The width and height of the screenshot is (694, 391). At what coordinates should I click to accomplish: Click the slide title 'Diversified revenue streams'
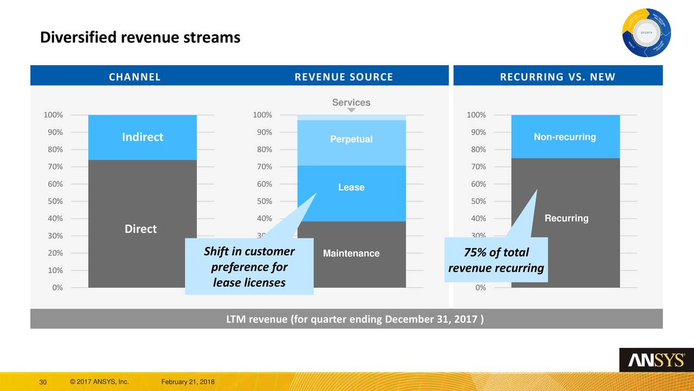click(x=140, y=37)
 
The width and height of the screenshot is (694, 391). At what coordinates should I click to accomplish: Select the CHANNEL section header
click(x=134, y=77)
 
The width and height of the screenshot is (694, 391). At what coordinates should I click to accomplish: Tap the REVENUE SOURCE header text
click(x=343, y=77)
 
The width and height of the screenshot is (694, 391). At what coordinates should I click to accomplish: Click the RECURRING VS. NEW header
click(x=557, y=77)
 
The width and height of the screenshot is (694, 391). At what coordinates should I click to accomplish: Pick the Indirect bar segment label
click(x=143, y=137)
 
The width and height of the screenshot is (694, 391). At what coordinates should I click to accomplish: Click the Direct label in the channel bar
click(x=140, y=229)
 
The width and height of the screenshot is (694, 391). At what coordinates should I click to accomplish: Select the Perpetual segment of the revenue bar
click(x=351, y=140)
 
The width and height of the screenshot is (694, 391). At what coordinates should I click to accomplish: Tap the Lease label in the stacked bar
click(x=351, y=187)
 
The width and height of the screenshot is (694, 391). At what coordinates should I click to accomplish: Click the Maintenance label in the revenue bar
click(x=351, y=254)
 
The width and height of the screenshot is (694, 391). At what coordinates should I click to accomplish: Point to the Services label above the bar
click(x=351, y=103)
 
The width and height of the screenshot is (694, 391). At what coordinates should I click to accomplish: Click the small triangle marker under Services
click(x=351, y=110)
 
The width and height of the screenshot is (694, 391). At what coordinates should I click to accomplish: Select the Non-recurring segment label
click(x=565, y=137)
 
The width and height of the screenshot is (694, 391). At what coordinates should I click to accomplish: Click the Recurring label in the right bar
click(x=566, y=218)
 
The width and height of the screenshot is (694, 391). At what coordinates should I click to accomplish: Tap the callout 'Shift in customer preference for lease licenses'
click(x=249, y=267)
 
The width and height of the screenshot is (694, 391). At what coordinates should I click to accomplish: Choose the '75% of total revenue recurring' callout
click(x=496, y=260)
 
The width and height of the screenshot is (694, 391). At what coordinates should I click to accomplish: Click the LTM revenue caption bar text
click(x=355, y=318)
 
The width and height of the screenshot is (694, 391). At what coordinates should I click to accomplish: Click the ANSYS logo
click(x=656, y=360)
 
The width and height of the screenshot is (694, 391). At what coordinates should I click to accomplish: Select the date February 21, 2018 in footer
click(x=188, y=382)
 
